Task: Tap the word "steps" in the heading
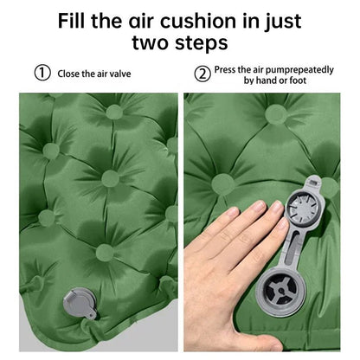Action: (201, 43)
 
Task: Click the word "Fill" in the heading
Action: (73, 21)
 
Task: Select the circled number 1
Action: (42, 73)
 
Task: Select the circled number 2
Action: (202, 74)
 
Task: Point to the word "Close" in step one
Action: (68, 74)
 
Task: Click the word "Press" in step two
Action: (225, 70)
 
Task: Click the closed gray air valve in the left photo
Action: (80, 303)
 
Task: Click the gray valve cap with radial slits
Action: (304, 206)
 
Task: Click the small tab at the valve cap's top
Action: (313, 182)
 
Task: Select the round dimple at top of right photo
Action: (276, 114)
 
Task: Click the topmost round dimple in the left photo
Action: (114, 112)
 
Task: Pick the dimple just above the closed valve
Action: (105, 253)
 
